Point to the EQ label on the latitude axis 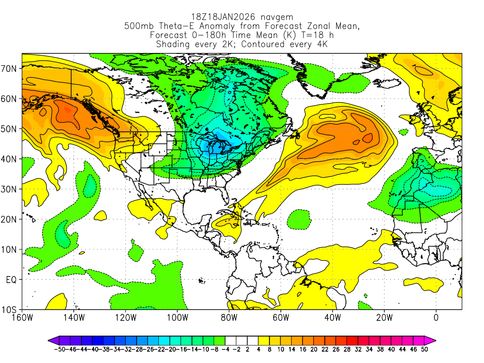point(11,280)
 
